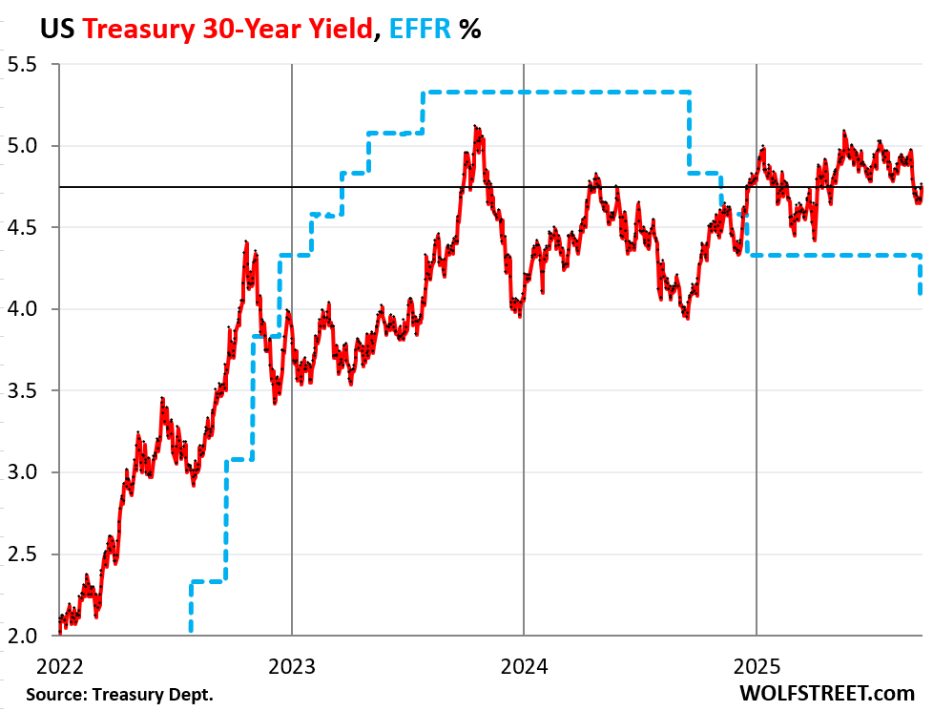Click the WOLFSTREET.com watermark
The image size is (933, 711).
click(833, 693)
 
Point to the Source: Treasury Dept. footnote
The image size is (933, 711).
click(119, 694)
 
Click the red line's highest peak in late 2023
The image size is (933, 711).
click(476, 127)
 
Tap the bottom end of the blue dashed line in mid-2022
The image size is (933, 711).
click(191, 630)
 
